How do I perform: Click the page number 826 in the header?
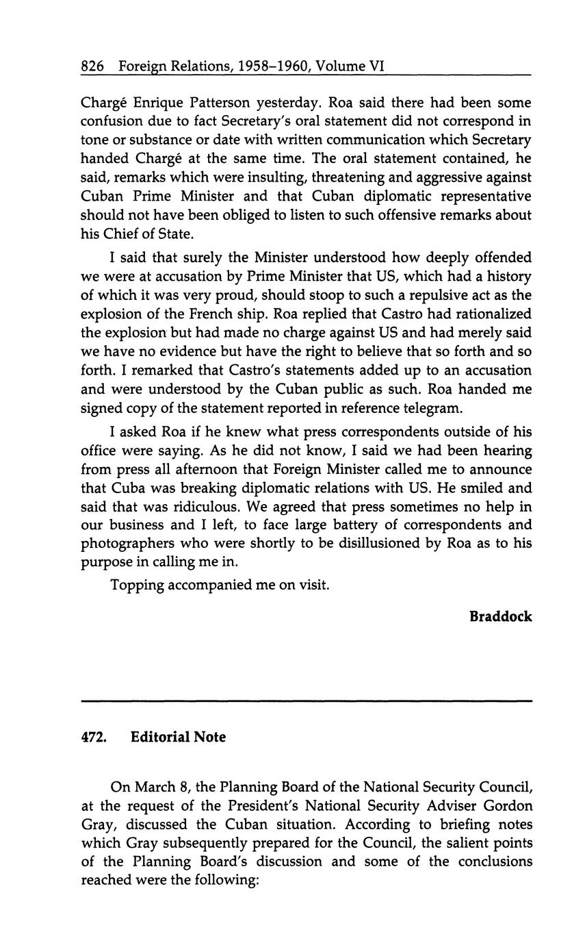point(92,66)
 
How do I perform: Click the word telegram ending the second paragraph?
point(432,407)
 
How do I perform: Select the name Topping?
point(135,587)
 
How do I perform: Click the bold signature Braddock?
point(501,616)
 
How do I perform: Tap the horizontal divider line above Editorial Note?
point(307,701)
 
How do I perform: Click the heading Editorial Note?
point(178,738)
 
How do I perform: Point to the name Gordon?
point(505,806)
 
